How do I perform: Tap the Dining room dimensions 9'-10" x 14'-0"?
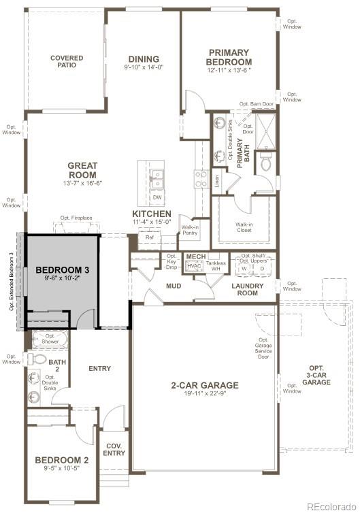tap(143, 67)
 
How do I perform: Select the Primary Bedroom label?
tap(229, 57)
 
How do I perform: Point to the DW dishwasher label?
tap(157, 197)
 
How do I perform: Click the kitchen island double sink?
tap(157, 179)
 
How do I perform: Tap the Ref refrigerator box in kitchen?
tap(150, 237)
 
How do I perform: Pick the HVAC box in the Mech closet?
tap(194, 266)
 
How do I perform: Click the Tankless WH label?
tap(216, 265)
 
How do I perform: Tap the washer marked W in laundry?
tap(243, 267)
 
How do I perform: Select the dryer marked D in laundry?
tap(261, 267)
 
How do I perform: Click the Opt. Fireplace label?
tap(76, 218)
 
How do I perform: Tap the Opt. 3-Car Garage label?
tap(317, 375)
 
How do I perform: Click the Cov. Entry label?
tap(114, 450)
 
